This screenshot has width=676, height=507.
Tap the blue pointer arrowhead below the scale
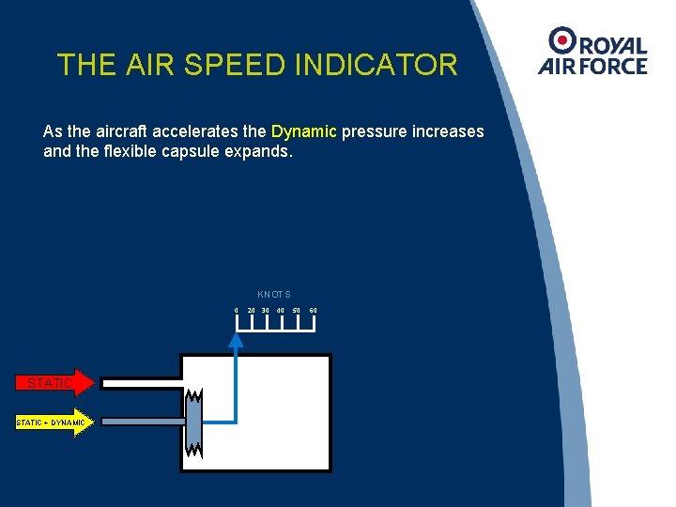click(x=237, y=341)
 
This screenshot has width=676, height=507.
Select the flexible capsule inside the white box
click(x=194, y=422)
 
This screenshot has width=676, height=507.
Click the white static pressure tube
click(x=141, y=384)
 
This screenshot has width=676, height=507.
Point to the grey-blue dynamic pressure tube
click(x=141, y=422)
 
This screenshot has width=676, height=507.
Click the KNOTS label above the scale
click(x=274, y=295)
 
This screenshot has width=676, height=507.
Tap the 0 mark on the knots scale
click(x=237, y=311)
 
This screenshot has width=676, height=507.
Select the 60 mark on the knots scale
click(x=314, y=311)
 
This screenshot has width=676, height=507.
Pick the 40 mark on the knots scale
click(x=281, y=311)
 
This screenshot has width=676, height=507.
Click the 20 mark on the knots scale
click(x=252, y=311)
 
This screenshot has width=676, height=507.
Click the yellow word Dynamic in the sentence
click(x=304, y=131)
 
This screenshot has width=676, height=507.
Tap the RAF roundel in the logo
click(x=563, y=39)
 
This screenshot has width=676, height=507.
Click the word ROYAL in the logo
click(x=614, y=45)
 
